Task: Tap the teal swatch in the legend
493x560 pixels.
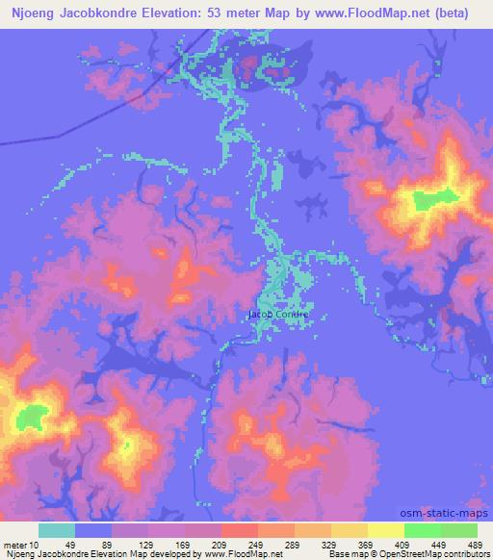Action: tap(57, 530)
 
